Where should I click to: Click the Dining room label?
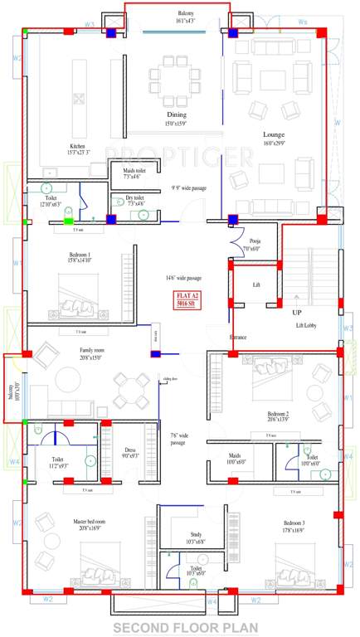[176, 114]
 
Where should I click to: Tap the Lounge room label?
[274, 134]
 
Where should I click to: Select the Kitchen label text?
[77, 146]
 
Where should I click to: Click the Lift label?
[256, 284]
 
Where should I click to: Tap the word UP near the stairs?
[296, 313]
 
